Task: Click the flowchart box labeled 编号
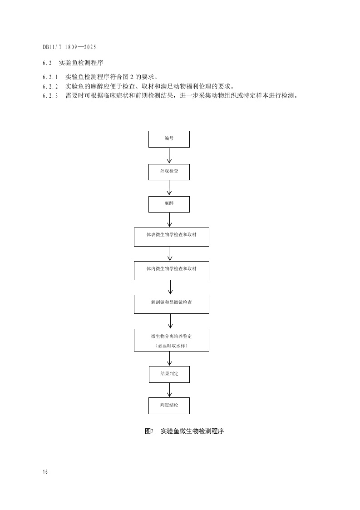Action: pos(169,139)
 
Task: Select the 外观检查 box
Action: pos(169,172)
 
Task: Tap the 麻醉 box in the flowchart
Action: pos(169,204)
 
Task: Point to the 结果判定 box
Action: pos(169,374)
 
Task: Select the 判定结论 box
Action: pos(169,406)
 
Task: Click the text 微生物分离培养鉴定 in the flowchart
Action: pos(171,336)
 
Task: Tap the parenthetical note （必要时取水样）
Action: pos(171,346)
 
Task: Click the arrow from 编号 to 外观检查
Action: pos(169,155)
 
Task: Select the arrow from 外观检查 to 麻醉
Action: pos(169,188)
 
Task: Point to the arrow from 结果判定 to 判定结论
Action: pos(169,390)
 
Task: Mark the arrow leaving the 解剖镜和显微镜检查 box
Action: pos(171,321)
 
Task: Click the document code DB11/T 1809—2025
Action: pos(69,47)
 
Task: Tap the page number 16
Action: pos(45,472)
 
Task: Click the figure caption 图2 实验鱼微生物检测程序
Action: pos(184,431)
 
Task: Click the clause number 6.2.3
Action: pos(50,95)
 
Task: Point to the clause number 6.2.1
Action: pos(50,77)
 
